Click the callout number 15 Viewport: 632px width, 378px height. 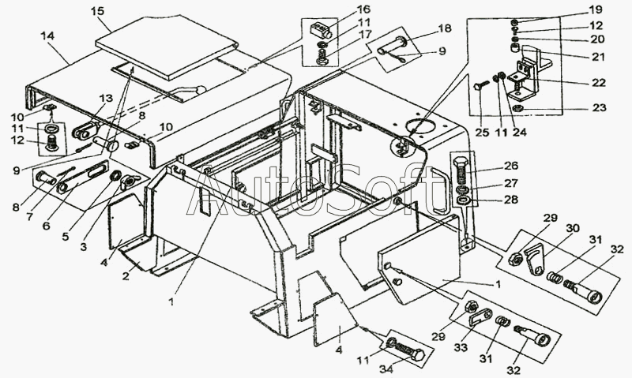[97, 11]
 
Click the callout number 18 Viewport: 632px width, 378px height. [445, 28]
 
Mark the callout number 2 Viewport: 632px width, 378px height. [125, 275]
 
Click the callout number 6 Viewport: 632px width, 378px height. [45, 226]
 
